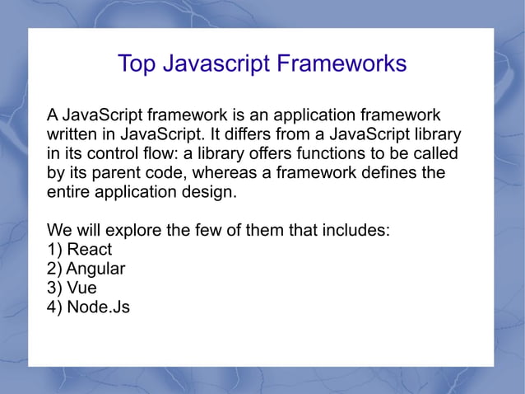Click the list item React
tap(90, 249)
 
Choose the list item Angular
tap(95, 269)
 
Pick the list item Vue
tap(82, 288)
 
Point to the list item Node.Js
tap(99, 307)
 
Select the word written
tap(71, 134)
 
